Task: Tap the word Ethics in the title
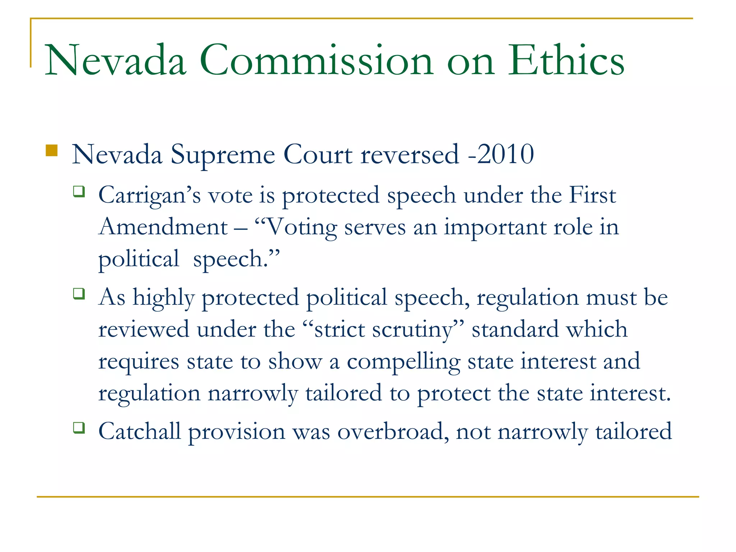point(566,60)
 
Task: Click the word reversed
point(410,155)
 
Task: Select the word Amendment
point(163,227)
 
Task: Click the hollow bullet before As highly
point(79,293)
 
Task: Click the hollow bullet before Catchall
point(79,427)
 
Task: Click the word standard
point(515,329)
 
